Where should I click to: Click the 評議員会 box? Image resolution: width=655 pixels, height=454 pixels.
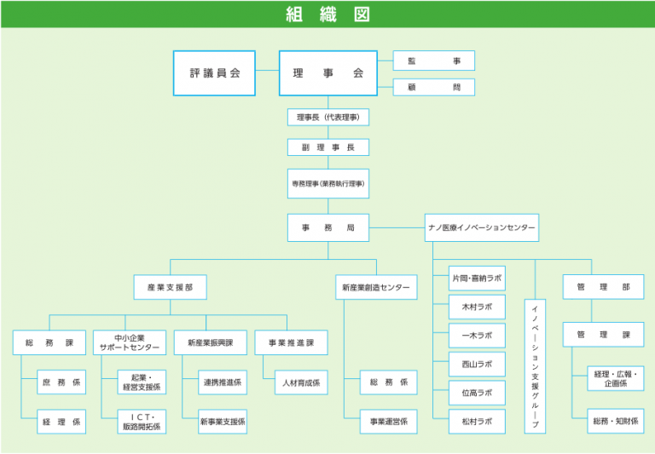tap(214, 73)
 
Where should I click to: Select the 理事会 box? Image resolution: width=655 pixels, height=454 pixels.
tap(327, 73)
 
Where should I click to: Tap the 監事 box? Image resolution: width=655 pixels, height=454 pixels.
tap(434, 61)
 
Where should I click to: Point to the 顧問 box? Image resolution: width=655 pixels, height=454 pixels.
tap(434, 87)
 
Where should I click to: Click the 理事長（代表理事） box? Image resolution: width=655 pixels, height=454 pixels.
tap(327, 118)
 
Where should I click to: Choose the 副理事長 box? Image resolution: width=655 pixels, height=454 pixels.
tap(327, 147)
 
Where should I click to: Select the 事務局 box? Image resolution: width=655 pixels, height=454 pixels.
tap(327, 227)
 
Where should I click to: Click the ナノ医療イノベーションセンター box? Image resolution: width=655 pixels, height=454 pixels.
tap(482, 227)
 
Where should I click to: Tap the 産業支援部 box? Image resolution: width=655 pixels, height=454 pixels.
tap(170, 287)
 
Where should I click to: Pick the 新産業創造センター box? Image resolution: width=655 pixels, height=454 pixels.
tap(376, 287)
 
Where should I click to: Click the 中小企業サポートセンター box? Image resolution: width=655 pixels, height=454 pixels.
tap(130, 342)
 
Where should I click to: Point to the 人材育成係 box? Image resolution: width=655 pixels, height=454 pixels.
tap(301, 382)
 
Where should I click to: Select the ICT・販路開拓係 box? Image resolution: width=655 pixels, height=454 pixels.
tap(142, 422)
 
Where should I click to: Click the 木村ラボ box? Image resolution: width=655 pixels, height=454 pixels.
tap(477, 307)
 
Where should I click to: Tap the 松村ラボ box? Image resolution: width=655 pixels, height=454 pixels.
tap(477, 422)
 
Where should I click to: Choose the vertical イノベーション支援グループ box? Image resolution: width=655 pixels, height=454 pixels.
tap(535, 366)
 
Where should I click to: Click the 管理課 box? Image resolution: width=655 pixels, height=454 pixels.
tap(603, 335)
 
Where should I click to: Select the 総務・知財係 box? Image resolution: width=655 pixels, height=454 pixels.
tap(616, 421)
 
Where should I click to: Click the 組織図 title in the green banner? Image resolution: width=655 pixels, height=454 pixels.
tap(327, 14)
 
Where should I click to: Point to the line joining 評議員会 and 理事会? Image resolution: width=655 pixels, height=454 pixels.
tap(267, 70)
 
